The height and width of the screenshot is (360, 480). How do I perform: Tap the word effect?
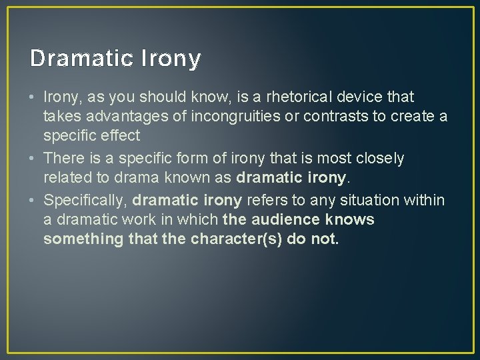point(120,136)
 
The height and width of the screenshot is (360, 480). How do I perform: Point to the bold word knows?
point(351,219)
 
